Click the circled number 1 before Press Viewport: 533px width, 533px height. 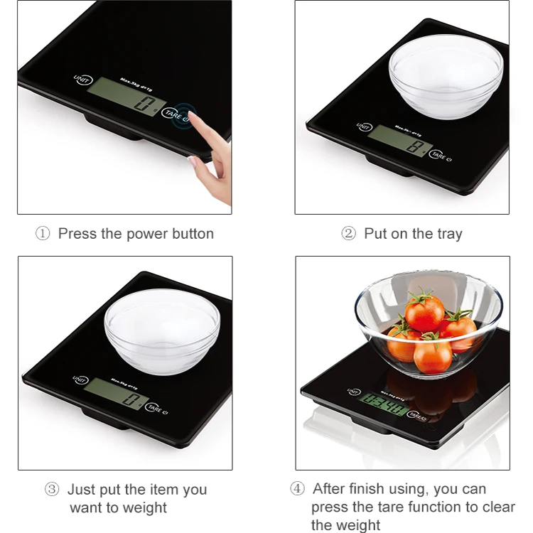tap(43, 234)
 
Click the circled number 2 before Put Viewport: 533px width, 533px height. tap(348, 234)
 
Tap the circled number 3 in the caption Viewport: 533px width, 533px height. tap(52, 490)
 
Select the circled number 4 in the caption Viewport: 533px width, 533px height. tap(297, 489)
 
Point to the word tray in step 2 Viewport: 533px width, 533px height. tap(448, 234)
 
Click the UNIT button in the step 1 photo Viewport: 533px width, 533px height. tap(82, 80)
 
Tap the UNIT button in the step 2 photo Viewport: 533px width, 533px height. tap(364, 127)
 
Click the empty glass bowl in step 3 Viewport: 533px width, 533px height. tap(162, 330)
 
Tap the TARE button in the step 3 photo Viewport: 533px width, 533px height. tap(155, 407)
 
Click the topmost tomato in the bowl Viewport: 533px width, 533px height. tap(425, 313)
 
